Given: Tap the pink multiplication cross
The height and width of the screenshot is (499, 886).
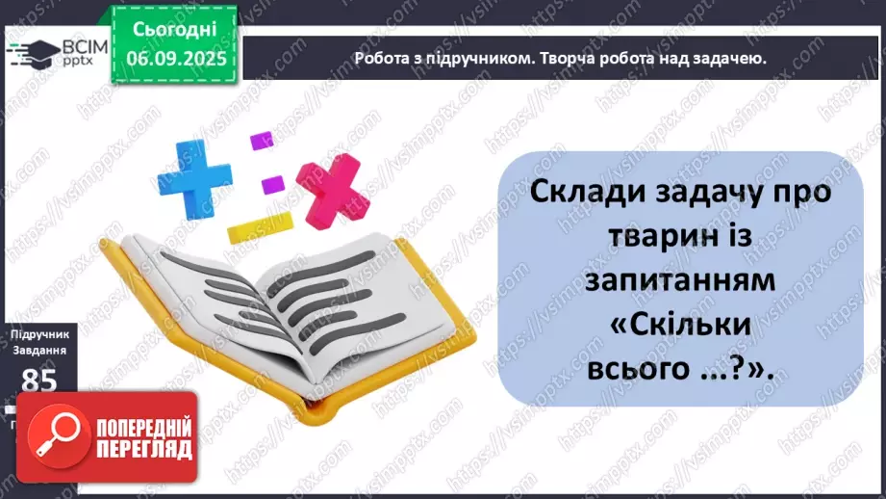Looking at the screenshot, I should click(332, 190).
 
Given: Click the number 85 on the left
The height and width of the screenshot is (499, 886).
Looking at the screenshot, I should click(38, 381).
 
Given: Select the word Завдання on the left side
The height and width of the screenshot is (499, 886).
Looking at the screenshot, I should click(38, 352).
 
